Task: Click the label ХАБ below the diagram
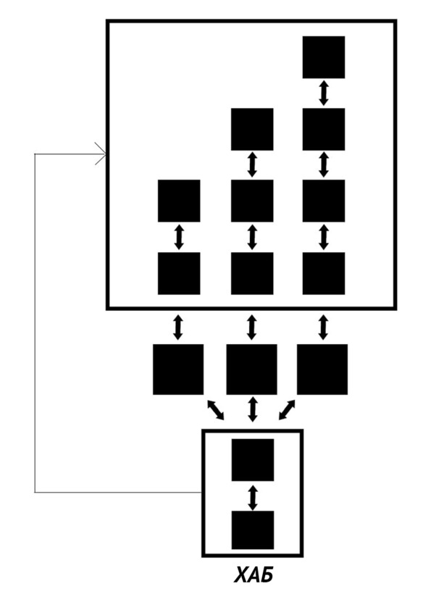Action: (253, 575)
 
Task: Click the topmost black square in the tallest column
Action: (324, 57)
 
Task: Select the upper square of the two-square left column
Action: (179, 201)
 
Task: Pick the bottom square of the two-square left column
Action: (179, 273)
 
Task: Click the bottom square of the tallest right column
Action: (324, 273)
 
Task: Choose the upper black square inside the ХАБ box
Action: (253, 460)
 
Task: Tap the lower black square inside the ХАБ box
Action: (253, 530)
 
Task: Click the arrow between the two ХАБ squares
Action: (253, 498)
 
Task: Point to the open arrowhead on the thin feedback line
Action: (101, 154)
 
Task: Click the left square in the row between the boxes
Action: (178, 369)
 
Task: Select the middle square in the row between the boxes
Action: (251, 369)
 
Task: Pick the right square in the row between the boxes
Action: (322, 369)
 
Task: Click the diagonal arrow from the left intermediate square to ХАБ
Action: (216, 410)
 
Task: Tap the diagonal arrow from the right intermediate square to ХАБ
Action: (287, 410)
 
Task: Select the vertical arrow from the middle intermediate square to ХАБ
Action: (252, 409)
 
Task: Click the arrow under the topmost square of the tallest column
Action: (323, 93)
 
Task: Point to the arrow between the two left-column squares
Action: (179, 237)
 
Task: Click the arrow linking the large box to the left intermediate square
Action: (177, 327)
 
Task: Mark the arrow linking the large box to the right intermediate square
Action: (323, 327)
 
